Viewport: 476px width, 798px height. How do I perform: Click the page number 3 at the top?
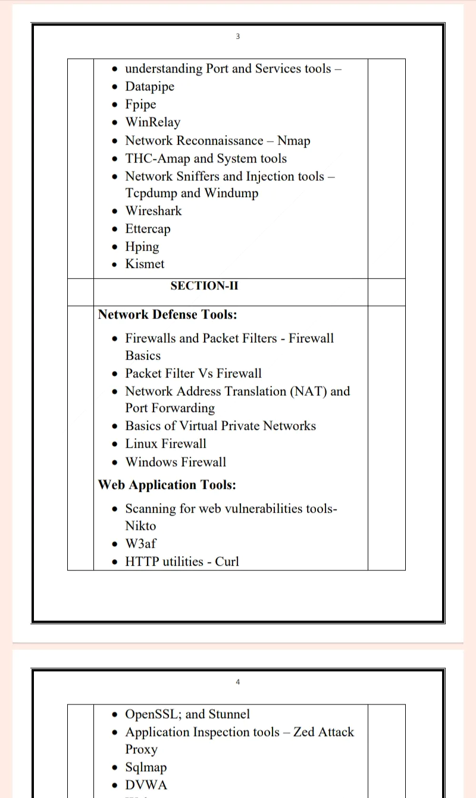pyautogui.click(x=237, y=36)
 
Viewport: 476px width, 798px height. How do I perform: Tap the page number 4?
pyautogui.click(x=237, y=682)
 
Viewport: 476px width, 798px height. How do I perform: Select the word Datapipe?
pyautogui.click(x=149, y=87)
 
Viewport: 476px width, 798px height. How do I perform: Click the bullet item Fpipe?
pyautogui.click(x=140, y=105)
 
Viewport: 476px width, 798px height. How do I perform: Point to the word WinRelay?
pyautogui.click(x=152, y=123)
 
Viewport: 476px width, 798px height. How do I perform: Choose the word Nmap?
pyautogui.click(x=293, y=141)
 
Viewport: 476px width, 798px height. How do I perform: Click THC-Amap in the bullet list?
pyautogui.click(x=157, y=158)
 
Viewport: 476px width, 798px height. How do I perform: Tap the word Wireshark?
pyautogui.click(x=153, y=211)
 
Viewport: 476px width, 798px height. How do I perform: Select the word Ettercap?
pyautogui.click(x=148, y=229)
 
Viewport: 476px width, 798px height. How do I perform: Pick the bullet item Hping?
pyautogui.click(x=142, y=247)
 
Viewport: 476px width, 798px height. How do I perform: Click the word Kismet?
pyautogui.click(x=145, y=264)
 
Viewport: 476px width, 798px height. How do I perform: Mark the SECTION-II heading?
pyautogui.click(x=204, y=286)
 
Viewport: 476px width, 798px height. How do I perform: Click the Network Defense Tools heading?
pyautogui.click(x=167, y=314)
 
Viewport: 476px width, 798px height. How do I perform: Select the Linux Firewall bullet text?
pyautogui.click(x=165, y=444)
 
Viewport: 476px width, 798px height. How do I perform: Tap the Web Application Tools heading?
pyautogui.click(x=167, y=485)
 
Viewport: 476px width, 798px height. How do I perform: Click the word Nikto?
pyautogui.click(x=140, y=526)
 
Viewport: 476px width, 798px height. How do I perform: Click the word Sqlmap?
pyautogui.click(x=146, y=768)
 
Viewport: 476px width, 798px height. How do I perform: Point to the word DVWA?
pyautogui.click(x=146, y=785)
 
